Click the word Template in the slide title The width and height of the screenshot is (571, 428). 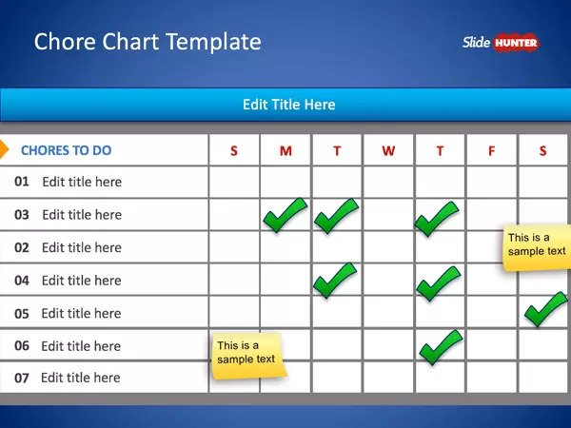tap(214, 42)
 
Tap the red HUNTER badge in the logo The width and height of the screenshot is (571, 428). tap(516, 44)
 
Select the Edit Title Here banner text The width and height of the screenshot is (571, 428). tap(288, 105)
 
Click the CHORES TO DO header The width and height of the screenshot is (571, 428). tap(67, 150)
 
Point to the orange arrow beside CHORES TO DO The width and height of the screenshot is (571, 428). tap(4, 149)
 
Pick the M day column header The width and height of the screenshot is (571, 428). tap(285, 150)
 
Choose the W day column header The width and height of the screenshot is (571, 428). tap(388, 150)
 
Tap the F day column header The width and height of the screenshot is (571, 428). tap(491, 150)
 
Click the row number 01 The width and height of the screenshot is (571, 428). tap(22, 182)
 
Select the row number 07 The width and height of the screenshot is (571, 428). tap(22, 379)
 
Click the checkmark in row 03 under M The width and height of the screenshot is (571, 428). tap(285, 215)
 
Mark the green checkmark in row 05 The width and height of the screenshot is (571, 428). tap(546, 309)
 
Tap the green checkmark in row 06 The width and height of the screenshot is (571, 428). tap(441, 347)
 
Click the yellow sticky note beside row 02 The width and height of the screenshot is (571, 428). tap(537, 248)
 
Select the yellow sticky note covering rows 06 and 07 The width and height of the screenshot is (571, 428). tap(248, 356)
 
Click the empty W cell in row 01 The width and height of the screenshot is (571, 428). tap(388, 182)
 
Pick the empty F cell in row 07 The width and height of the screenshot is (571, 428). tap(492, 378)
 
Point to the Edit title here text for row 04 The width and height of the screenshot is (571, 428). tap(82, 281)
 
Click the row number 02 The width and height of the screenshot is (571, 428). tap(22, 247)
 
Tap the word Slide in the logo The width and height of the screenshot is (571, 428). tap(477, 43)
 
